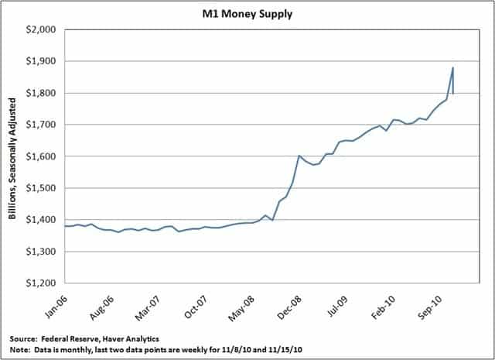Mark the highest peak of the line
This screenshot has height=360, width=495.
(x=452, y=67)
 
